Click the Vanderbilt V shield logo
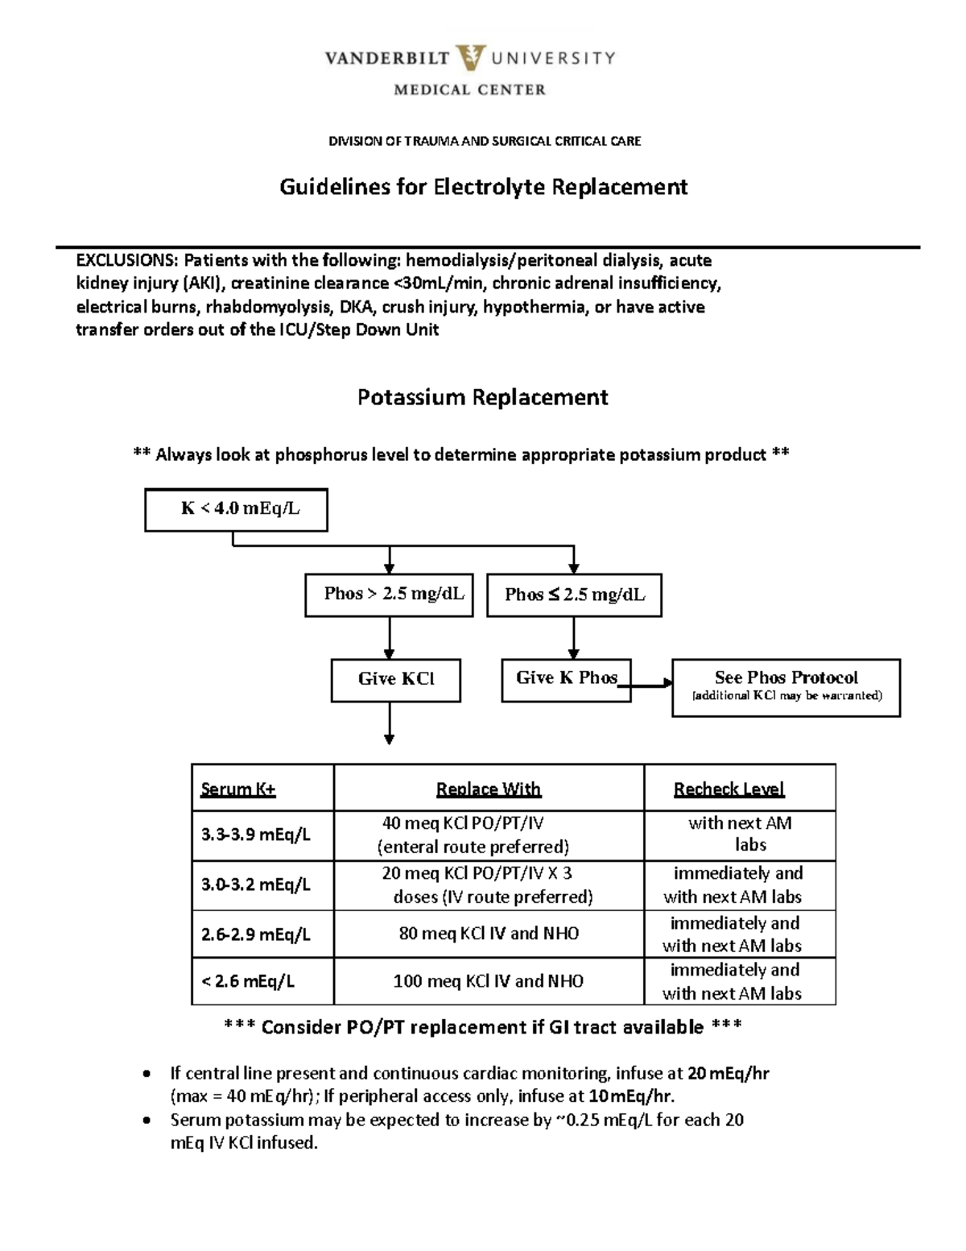tap(469, 59)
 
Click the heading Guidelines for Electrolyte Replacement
tap(483, 187)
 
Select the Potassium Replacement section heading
tap(483, 397)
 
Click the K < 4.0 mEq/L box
tap(236, 509)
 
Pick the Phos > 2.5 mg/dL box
tap(389, 594)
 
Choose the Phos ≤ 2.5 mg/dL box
tap(574, 595)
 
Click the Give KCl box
tap(395, 680)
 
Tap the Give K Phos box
tap(566, 679)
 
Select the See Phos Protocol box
tap(786, 686)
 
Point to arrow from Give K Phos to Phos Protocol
tap(650, 684)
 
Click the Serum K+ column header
tap(238, 789)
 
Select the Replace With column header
tap(488, 789)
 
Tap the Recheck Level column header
tap(729, 789)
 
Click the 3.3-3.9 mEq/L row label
tap(255, 835)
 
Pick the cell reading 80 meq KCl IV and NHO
tap(489, 934)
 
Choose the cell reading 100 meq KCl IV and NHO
tap(489, 981)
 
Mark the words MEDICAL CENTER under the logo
tap(469, 90)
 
